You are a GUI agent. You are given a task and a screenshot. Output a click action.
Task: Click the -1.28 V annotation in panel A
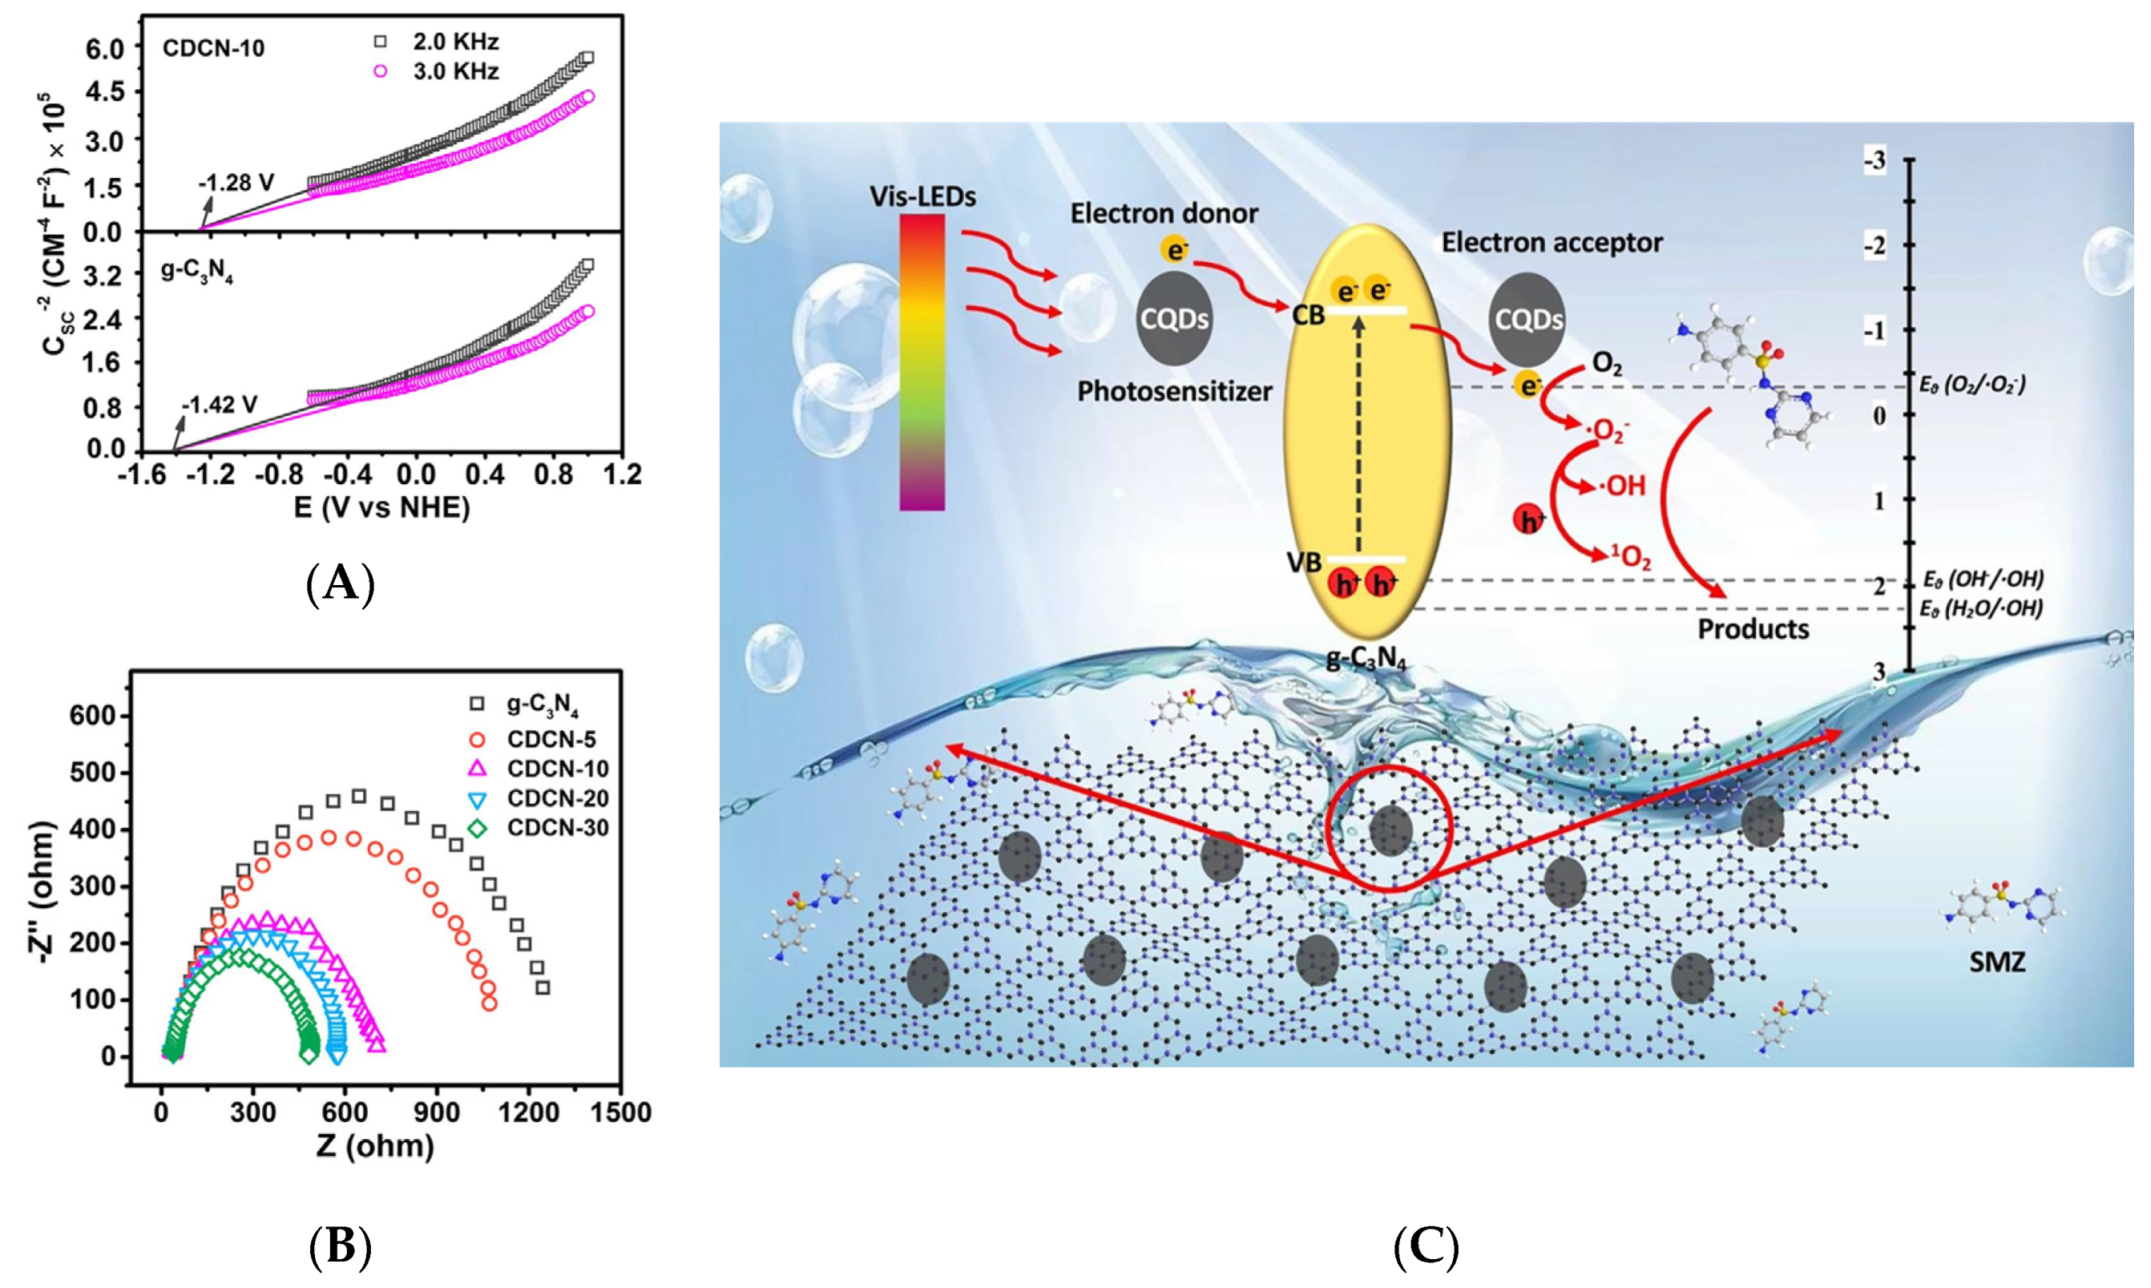tap(236, 183)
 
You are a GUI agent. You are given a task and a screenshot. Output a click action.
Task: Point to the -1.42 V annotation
tap(220, 405)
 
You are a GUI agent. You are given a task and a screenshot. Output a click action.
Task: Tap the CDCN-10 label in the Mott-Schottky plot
tap(213, 48)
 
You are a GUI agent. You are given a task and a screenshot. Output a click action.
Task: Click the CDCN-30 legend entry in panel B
tap(558, 828)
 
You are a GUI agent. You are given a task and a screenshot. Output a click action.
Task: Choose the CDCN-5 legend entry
tap(552, 741)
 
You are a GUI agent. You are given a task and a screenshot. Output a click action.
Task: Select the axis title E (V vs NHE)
tap(381, 507)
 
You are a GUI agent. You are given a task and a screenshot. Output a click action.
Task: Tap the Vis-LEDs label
tap(922, 197)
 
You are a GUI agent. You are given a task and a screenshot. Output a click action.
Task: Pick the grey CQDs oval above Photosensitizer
tap(1174, 320)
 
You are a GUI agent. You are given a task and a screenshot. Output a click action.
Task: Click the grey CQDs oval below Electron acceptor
tap(1528, 321)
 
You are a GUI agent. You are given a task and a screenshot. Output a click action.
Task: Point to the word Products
tap(1753, 628)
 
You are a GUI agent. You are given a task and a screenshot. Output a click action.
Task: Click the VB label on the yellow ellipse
tap(1304, 563)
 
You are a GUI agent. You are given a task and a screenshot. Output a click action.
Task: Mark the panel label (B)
tap(340, 1248)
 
